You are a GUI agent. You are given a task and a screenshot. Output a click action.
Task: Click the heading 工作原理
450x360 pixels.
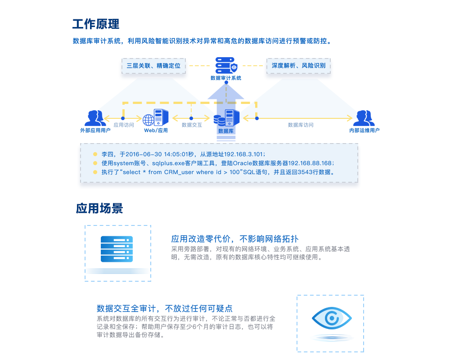point(96,23)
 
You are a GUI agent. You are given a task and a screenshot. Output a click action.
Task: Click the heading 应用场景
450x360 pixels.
point(99,208)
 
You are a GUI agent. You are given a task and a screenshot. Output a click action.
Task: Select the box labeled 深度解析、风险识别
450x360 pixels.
point(298,66)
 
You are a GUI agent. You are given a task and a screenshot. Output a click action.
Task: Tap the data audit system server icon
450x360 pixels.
point(226,65)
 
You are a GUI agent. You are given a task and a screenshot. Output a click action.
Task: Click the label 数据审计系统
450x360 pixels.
point(226,78)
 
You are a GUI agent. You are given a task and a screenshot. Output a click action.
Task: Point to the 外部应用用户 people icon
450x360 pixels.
point(95,118)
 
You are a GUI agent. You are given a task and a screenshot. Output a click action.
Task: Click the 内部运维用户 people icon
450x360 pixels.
point(364,118)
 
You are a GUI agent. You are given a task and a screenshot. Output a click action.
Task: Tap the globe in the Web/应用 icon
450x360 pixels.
point(148,120)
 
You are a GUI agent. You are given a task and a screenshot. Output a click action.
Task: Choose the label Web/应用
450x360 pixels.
point(156,130)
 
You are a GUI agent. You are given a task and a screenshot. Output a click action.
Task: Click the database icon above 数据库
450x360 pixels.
point(226,118)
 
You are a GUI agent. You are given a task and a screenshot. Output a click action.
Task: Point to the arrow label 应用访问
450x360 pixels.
point(124,125)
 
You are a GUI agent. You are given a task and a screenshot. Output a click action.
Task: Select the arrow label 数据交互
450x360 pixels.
point(192,125)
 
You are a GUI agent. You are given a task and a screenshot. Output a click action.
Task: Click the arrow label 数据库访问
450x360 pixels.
point(301,125)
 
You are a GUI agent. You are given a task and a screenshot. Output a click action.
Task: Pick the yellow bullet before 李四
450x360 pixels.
point(95,153)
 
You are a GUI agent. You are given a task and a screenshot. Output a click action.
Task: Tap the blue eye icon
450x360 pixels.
point(332,319)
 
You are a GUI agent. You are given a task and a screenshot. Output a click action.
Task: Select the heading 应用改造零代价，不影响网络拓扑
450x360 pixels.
point(234,238)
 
